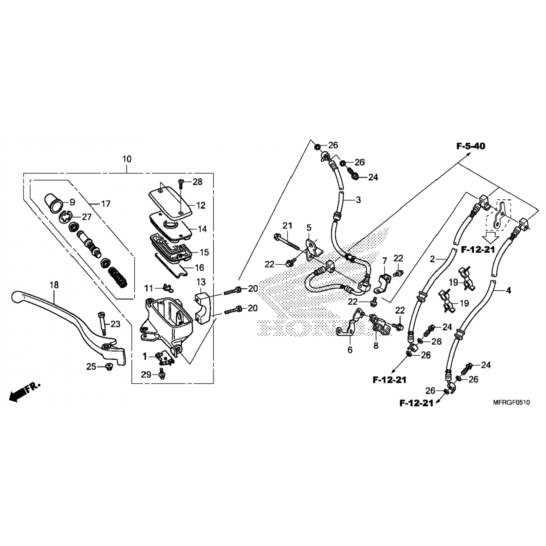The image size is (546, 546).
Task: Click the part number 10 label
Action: pyautogui.click(x=127, y=159)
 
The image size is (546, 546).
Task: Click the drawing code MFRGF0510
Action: pyautogui.click(x=511, y=403)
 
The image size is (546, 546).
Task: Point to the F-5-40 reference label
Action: pyautogui.click(x=471, y=146)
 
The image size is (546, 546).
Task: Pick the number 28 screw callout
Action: pyautogui.click(x=197, y=181)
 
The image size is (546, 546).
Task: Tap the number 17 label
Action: pyautogui.click(x=105, y=203)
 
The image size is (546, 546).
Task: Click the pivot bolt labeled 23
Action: pyautogui.click(x=101, y=324)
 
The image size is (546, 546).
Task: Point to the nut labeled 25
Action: pyautogui.click(x=108, y=367)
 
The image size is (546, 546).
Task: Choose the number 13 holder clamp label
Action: pyautogui.click(x=201, y=282)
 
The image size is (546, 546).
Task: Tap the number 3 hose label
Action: pyautogui.click(x=358, y=200)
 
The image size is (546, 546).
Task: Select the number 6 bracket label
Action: pyautogui.click(x=350, y=350)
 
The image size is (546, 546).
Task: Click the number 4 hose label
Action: pyautogui.click(x=509, y=290)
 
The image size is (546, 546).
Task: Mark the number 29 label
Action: pyautogui.click(x=146, y=375)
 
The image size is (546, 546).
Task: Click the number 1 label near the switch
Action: pyautogui.click(x=145, y=357)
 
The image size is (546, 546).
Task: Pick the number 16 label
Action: pyautogui.click(x=199, y=268)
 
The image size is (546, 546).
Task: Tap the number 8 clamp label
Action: pyautogui.click(x=376, y=345)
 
